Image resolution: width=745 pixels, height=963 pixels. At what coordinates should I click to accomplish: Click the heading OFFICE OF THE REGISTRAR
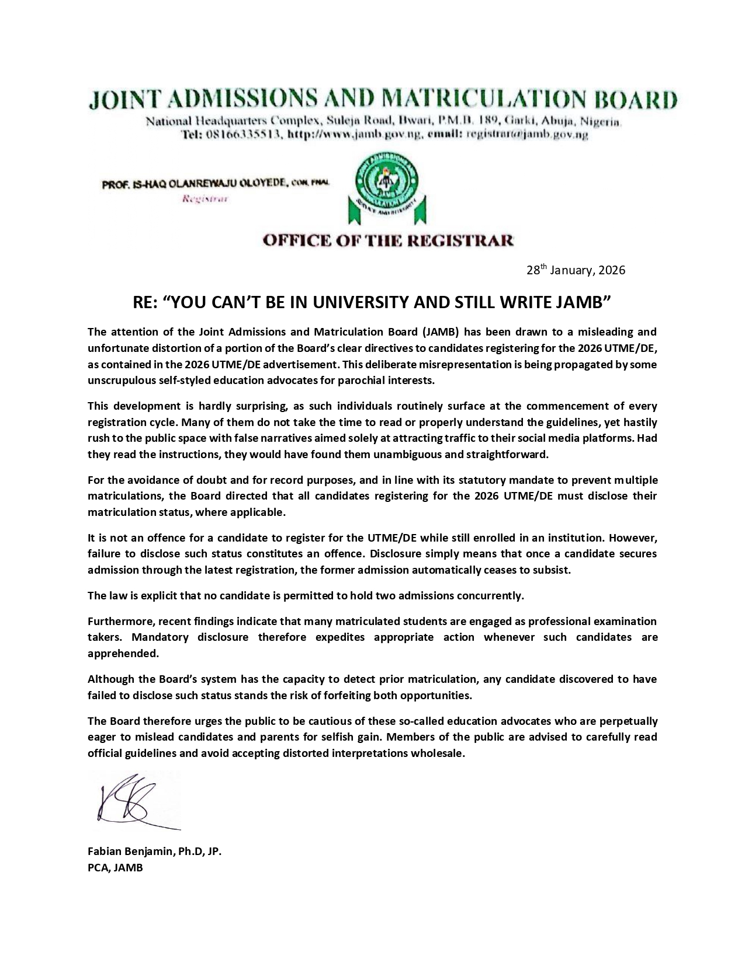pyautogui.click(x=388, y=240)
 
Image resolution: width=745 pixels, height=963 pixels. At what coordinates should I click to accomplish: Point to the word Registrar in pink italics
pyautogui.click(x=205, y=199)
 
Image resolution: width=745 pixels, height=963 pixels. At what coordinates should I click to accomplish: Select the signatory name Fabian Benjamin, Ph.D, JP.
pyautogui.click(x=154, y=852)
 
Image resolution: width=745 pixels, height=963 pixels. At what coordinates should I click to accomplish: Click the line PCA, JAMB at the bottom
pyautogui.click(x=115, y=867)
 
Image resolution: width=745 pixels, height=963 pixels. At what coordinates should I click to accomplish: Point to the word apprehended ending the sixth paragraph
pyautogui.click(x=123, y=653)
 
